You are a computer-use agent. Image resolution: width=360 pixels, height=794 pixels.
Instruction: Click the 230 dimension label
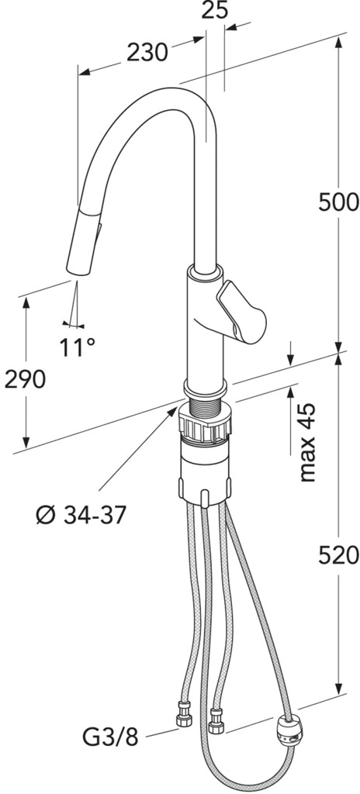147,52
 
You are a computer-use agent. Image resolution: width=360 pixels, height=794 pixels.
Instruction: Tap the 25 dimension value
214,10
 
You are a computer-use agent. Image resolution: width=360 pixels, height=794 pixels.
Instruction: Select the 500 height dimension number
339,202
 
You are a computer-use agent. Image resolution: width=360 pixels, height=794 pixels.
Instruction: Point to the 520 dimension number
339,556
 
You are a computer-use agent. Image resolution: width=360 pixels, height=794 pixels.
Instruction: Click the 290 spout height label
25,379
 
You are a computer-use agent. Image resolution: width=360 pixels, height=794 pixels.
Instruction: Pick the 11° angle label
77,347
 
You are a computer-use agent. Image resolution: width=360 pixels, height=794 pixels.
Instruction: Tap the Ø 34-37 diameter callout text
81,515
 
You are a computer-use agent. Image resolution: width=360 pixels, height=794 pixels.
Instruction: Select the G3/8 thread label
110,738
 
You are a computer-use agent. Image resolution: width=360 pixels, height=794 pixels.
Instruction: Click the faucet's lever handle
241,312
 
